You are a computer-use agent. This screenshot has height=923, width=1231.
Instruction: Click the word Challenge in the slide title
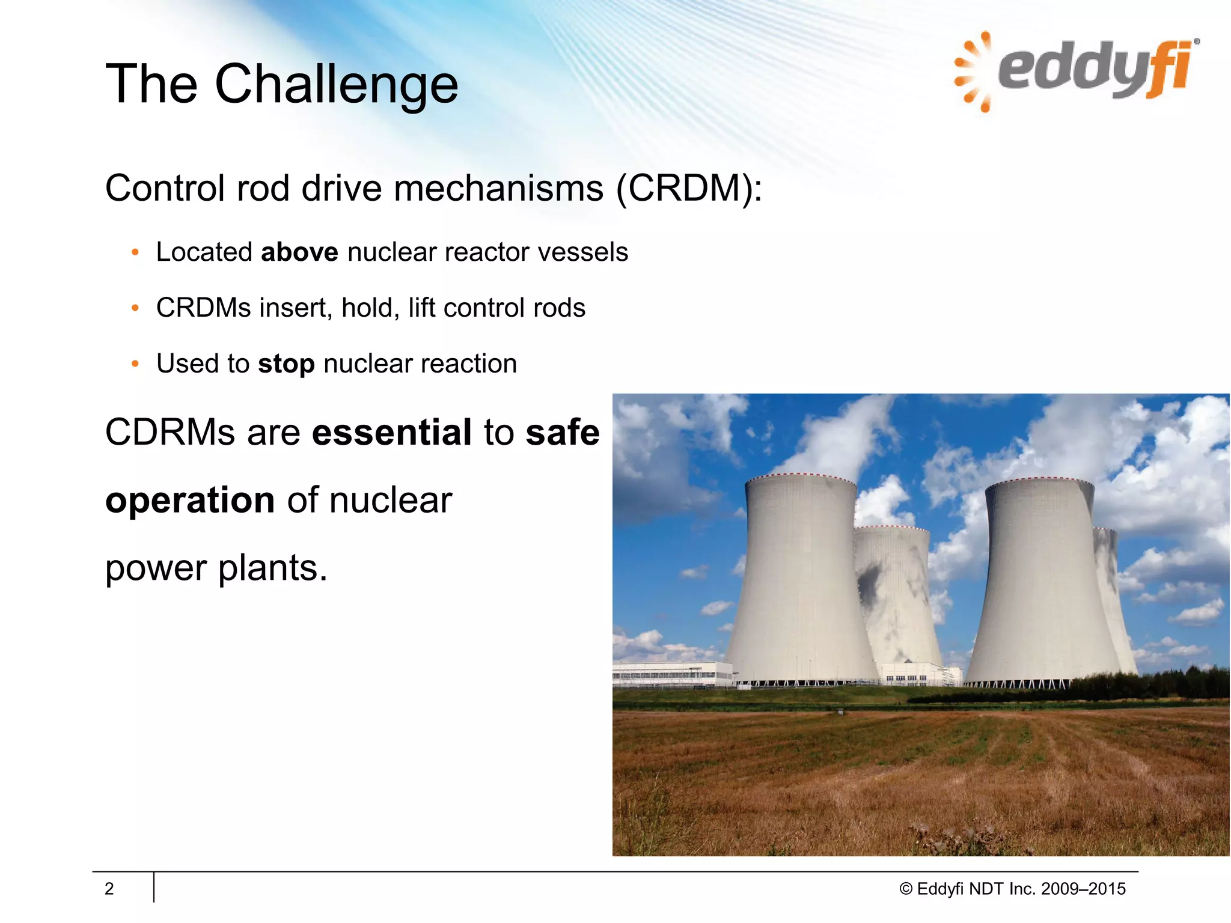pos(336,85)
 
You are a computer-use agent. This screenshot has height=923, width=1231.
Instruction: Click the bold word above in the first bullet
pos(299,252)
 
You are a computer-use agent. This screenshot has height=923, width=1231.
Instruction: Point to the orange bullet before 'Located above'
pos(135,252)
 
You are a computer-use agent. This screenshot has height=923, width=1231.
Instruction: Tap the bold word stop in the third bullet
pos(286,364)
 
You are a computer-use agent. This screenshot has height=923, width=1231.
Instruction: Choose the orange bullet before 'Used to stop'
pos(135,364)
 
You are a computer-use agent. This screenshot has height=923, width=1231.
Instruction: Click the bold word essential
pos(392,432)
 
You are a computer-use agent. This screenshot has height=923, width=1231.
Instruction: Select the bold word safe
pos(562,432)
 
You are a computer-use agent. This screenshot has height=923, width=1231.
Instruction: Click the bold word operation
pos(190,500)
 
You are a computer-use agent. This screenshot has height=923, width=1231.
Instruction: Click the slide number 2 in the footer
pos(109,889)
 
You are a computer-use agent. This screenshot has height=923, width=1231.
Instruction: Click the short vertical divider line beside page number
pos(154,888)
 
